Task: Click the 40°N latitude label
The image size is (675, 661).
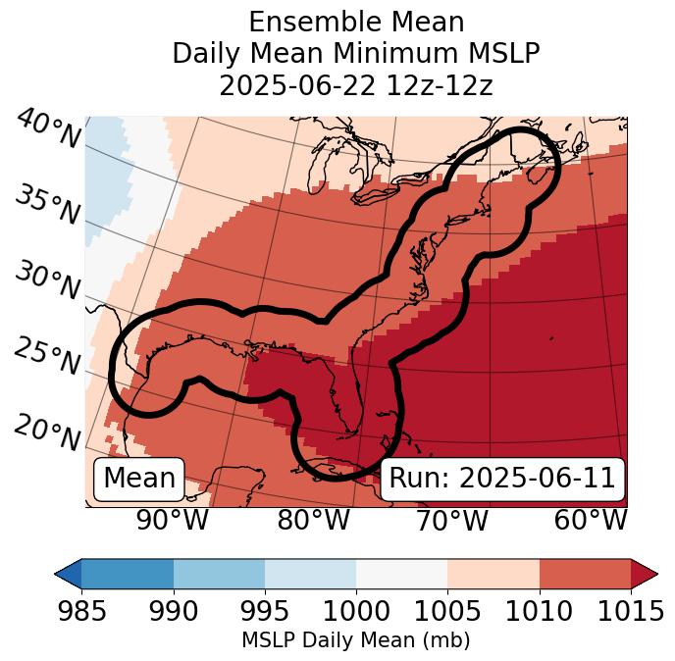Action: point(48,129)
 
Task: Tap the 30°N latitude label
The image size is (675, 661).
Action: point(48,281)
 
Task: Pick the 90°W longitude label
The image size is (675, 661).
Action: point(172,521)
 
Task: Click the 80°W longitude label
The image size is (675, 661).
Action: point(314,521)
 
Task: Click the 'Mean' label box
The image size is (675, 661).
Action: point(139,479)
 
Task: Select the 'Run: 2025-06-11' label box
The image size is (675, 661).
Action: point(502,479)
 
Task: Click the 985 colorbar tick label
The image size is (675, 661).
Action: point(81,612)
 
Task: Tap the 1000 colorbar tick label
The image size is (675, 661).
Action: point(356,612)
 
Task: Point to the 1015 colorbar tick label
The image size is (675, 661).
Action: point(631,612)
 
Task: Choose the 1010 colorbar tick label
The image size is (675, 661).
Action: point(540,612)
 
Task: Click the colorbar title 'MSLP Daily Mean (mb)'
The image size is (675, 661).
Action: point(355,641)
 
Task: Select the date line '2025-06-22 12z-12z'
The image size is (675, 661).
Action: point(355,85)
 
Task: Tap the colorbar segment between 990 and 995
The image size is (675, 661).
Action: point(219,574)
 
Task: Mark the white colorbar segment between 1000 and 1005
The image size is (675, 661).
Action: point(401,574)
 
